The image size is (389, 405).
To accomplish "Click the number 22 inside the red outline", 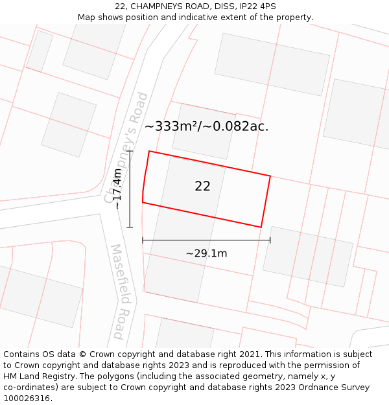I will tap(202, 186).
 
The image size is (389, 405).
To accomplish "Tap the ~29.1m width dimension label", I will tap(206, 253).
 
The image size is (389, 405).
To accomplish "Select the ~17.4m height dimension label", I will tap(117, 189).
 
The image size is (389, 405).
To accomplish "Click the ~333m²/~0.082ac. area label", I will tap(206, 126).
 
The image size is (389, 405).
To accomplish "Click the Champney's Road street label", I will tap(126, 147).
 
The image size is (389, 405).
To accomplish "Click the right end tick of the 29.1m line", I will tap(270, 240).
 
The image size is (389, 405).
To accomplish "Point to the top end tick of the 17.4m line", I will tap(130, 151).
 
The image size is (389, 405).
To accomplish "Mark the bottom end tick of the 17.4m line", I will tap(130, 227).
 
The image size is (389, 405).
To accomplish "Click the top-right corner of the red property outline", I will tap(270, 175).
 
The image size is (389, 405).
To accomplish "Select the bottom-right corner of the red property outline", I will tap(261, 227).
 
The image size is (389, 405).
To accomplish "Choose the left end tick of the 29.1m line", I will tap(143, 240).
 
